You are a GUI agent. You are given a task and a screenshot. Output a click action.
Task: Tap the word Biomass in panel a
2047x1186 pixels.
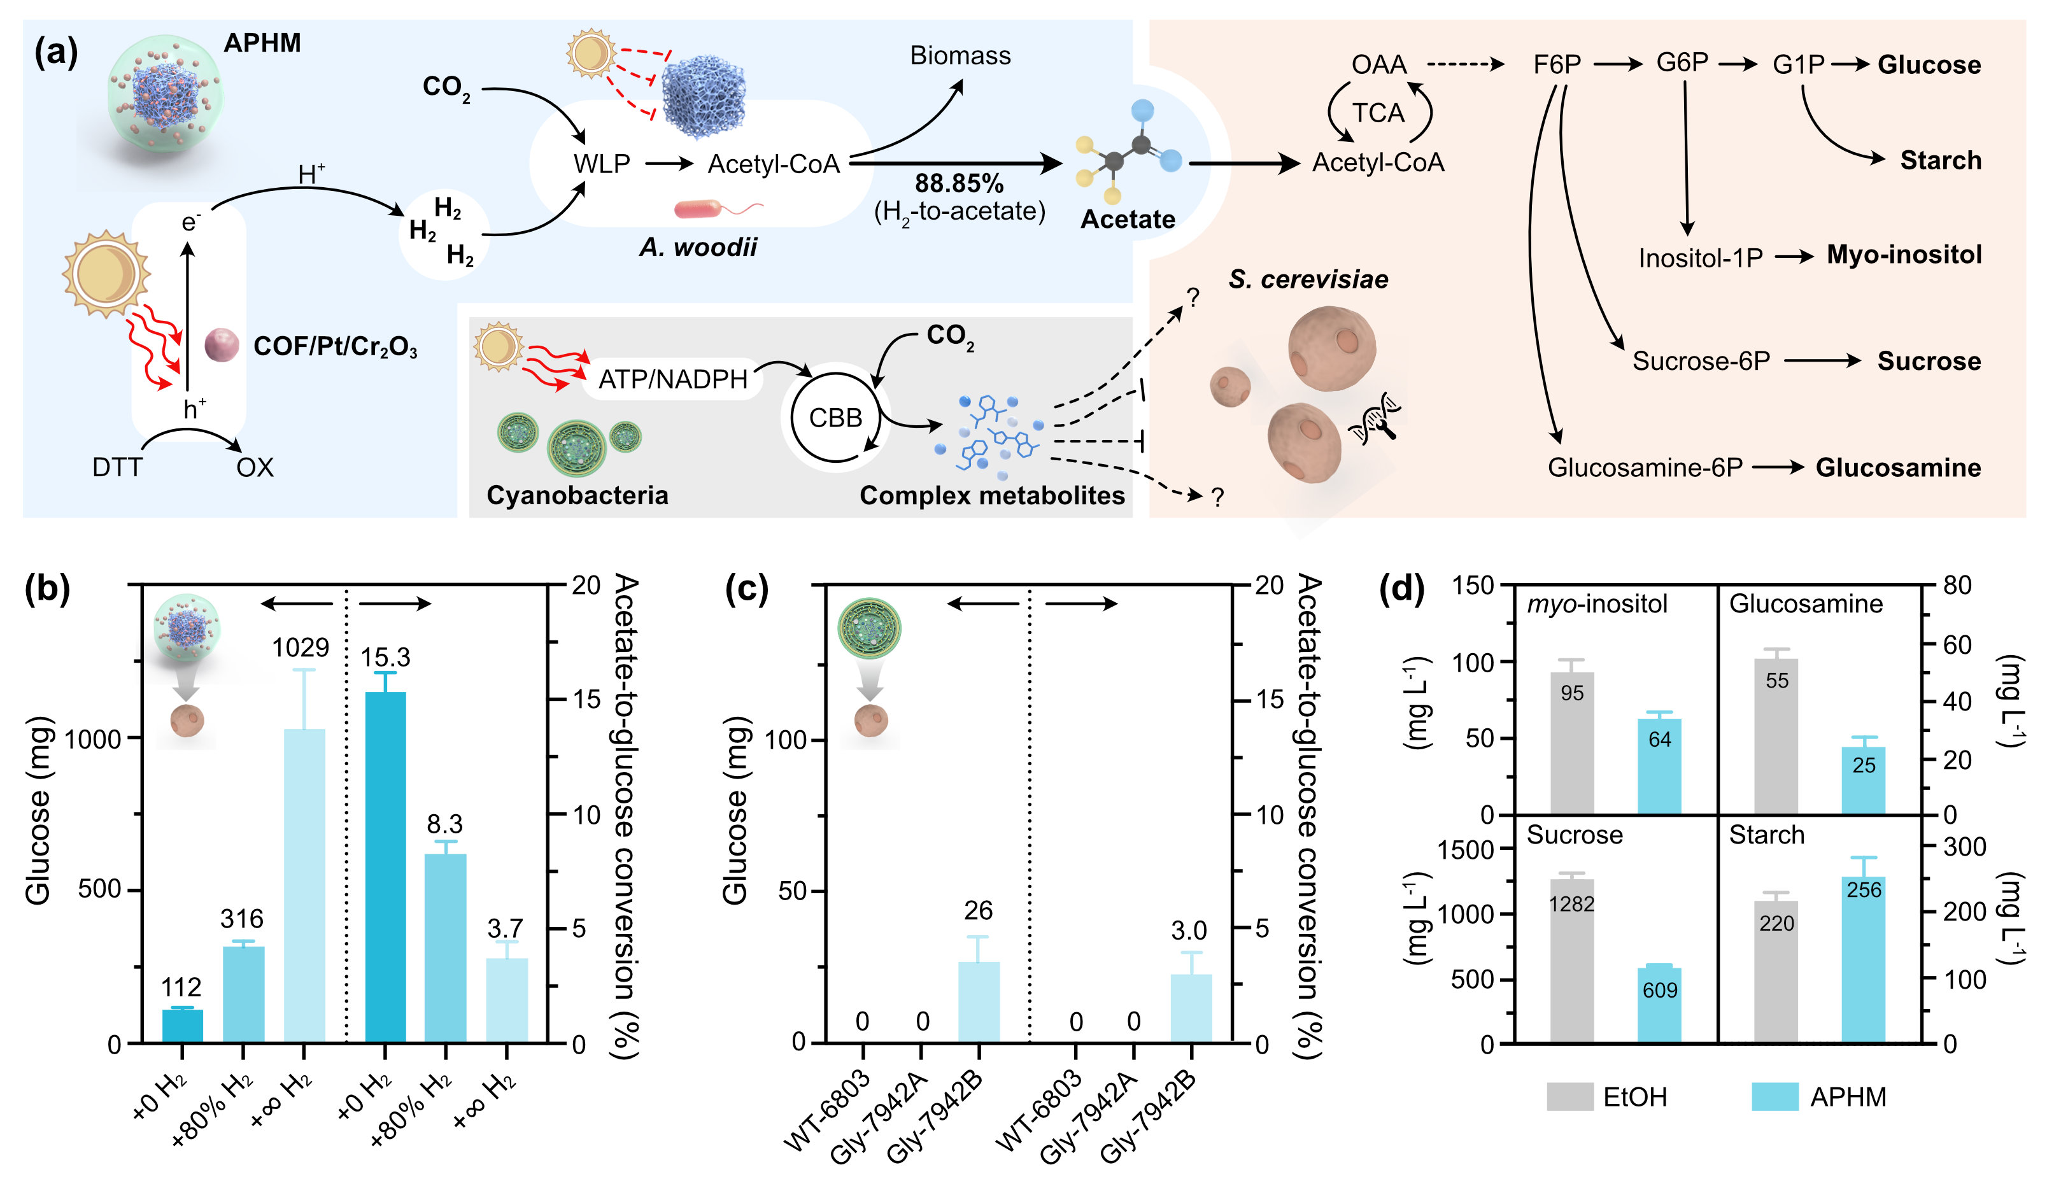pyautogui.click(x=960, y=55)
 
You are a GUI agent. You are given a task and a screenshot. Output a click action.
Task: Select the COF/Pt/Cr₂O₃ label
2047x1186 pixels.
pyautogui.click(x=336, y=347)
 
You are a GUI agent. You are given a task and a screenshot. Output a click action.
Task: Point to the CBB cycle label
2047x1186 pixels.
pyautogui.click(x=835, y=418)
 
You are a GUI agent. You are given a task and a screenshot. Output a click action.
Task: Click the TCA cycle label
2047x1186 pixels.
pyautogui.click(x=1378, y=113)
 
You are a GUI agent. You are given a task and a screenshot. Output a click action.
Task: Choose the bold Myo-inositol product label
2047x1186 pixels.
pyautogui.click(x=1904, y=255)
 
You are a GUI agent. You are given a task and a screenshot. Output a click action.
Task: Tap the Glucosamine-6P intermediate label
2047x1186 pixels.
pyautogui.click(x=1645, y=467)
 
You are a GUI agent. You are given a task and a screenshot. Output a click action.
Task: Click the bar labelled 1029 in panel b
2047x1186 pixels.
pyautogui.click(x=304, y=886)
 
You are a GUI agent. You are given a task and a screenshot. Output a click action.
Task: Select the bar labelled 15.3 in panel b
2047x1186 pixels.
pyautogui.click(x=385, y=868)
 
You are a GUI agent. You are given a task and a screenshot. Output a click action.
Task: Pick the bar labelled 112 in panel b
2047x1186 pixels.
pyautogui.click(x=183, y=1026)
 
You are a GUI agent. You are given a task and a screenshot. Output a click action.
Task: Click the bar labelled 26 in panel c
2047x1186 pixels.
pyautogui.click(x=979, y=1003)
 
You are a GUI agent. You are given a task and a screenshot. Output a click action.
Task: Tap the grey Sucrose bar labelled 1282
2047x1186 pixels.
pyautogui.click(x=1572, y=961)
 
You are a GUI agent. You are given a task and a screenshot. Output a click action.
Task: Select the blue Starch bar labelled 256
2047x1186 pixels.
pyautogui.click(x=1864, y=959)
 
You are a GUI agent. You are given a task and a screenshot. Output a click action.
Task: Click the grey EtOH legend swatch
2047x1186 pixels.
pyautogui.click(x=1569, y=1097)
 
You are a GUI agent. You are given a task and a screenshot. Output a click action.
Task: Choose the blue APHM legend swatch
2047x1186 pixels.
pyautogui.click(x=1775, y=1097)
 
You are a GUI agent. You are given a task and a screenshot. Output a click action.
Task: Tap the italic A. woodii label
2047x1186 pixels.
pyautogui.click(x=698, y=247)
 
